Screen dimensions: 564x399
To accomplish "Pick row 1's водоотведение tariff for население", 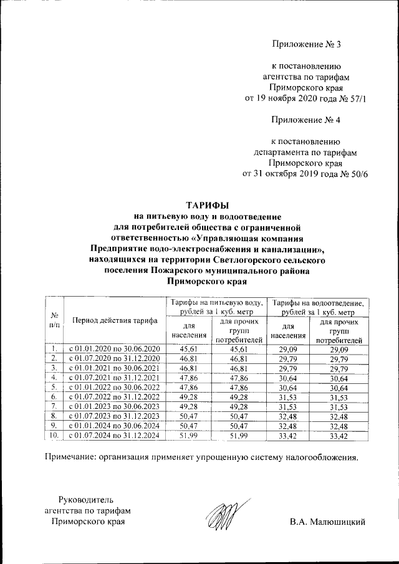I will click(288, 348).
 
